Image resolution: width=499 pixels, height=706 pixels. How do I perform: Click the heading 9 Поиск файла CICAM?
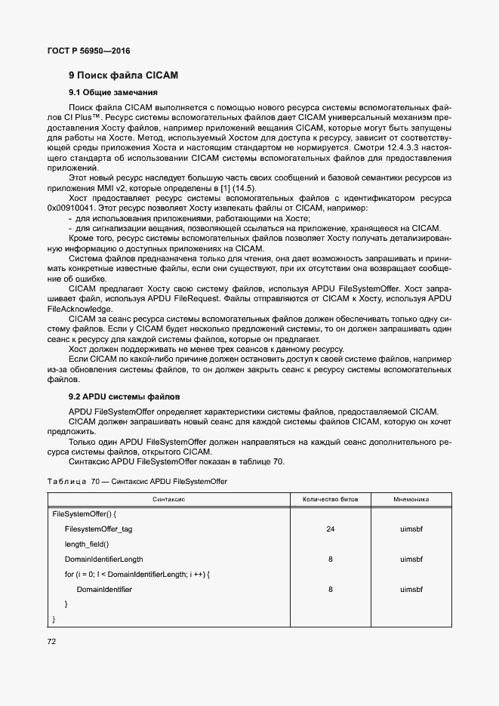[x=122, y=76]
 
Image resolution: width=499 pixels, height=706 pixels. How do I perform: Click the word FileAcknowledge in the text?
[x=74, y=309]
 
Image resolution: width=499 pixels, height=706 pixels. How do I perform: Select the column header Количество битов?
[x=330, y=499]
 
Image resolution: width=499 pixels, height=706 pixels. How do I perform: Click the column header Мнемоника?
[x=411, y=499]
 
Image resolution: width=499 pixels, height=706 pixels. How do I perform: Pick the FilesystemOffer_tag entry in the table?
[x=98, y=529]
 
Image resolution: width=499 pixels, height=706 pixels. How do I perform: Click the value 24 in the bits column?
[x=330, y=529]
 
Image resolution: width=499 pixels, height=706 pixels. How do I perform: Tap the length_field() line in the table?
[x=87, y=544]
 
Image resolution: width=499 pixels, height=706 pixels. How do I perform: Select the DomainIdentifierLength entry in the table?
[x=103, y=560]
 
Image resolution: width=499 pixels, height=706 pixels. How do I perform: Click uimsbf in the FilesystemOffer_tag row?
[x=411, y=529]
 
